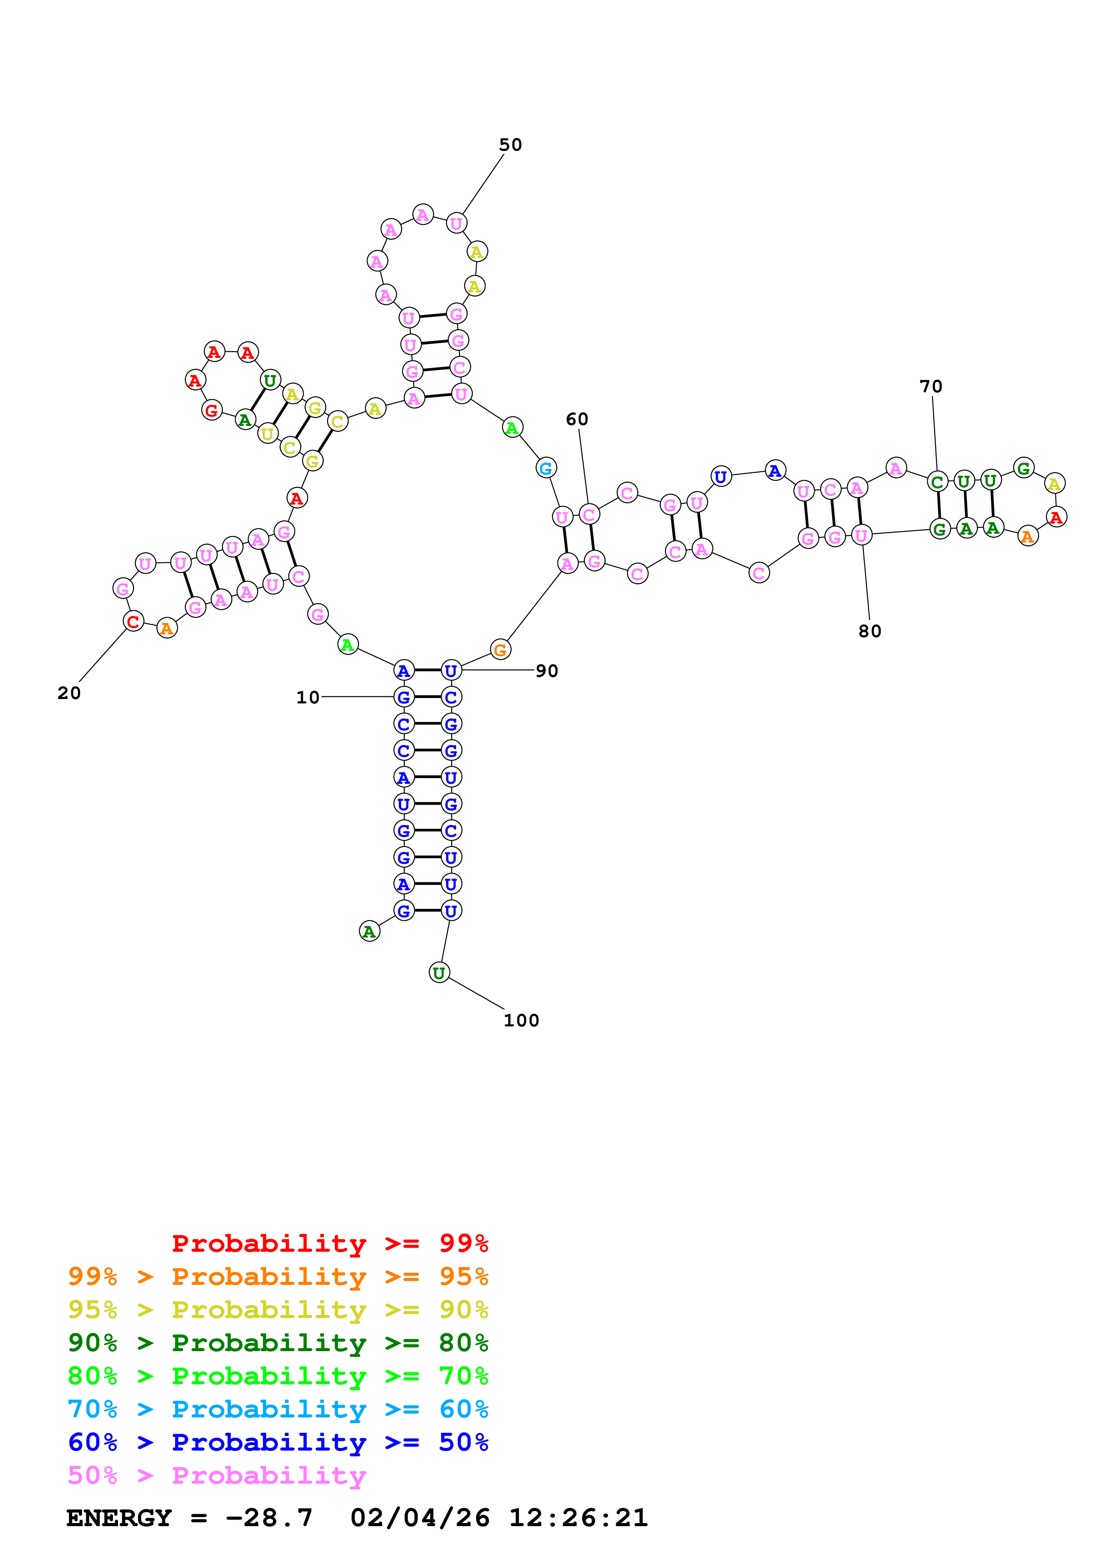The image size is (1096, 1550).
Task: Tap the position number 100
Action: (x=521, y=1020)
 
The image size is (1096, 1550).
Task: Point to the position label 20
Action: (x=69, y=693)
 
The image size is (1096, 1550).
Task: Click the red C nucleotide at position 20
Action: (x=133, y=621)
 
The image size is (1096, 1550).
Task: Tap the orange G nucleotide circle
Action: (x=500, y=650)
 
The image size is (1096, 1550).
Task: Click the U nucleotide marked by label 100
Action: (x=439, y=973)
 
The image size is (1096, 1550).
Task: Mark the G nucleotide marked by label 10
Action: (x=404, y=697)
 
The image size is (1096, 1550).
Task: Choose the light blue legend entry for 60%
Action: (x=278, y=1409)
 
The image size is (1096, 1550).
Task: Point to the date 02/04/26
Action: (x=420, y=1518)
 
